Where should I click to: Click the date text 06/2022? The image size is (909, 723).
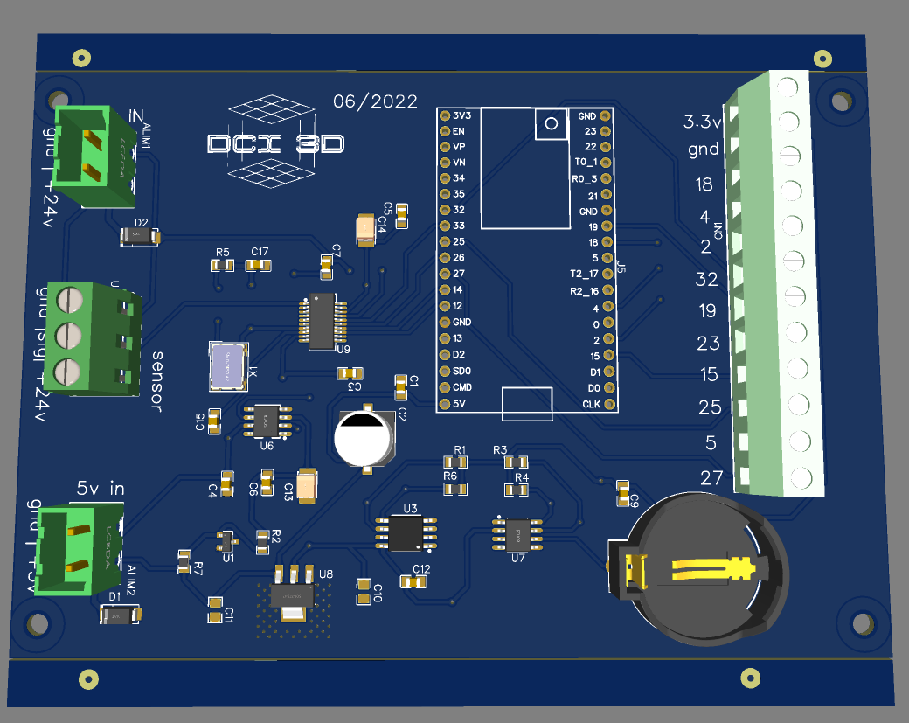375,101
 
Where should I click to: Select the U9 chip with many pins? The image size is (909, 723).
323,321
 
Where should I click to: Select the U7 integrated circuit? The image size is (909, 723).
517,533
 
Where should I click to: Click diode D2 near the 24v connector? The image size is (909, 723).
137,235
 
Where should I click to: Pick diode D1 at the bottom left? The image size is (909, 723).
119,616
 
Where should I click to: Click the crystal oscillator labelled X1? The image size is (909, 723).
228,365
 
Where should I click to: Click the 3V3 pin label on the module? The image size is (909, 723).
461,115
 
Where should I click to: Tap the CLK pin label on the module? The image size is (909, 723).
591,404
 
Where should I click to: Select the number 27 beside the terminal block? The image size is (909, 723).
712,477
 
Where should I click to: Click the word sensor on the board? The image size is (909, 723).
157,381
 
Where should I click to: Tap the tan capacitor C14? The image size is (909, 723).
365,229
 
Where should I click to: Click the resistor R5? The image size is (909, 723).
223,264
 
